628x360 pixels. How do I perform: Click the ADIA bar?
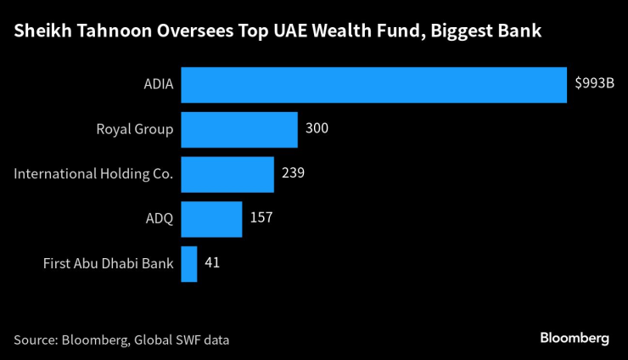point(373,85)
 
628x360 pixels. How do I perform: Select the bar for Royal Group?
point(239,130)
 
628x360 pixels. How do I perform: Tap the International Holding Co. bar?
point(227,174)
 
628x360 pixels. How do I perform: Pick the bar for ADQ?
point(211,219)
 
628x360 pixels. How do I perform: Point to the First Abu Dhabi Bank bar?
point(189,264)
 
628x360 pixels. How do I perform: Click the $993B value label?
point(594,84)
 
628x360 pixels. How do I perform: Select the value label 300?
point(317,129)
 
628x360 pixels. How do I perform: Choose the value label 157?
point(261,218)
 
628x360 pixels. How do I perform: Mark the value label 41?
point(213,263)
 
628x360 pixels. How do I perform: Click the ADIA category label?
point(159,85)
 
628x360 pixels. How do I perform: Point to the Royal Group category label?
point(136,130)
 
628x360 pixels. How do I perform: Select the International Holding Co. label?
point(94,174)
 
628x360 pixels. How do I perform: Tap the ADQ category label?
point(160,219)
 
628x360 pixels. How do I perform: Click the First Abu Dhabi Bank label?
point(109,264)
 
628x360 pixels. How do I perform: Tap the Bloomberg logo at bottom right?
point(575,338)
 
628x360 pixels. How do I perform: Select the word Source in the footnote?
point(35,340)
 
